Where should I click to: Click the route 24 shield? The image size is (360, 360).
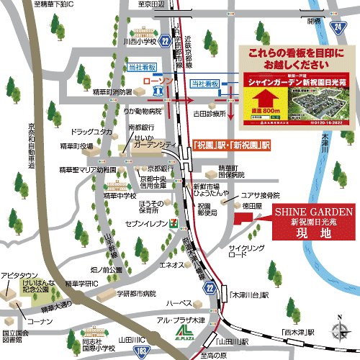coord(339,27)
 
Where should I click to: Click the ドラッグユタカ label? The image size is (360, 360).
coord(92,132)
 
